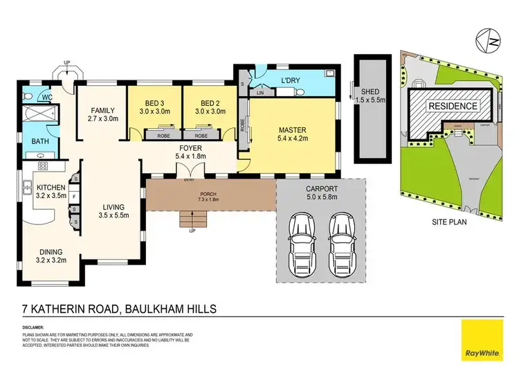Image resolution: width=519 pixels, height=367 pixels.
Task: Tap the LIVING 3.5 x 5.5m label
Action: (x=111, y=210)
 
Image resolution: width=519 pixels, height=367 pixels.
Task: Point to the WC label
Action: (x=47, y=98)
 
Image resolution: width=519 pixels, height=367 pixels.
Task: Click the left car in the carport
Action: (x=302, y=234)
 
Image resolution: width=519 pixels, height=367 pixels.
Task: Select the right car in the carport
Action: (x=340, y=234)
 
